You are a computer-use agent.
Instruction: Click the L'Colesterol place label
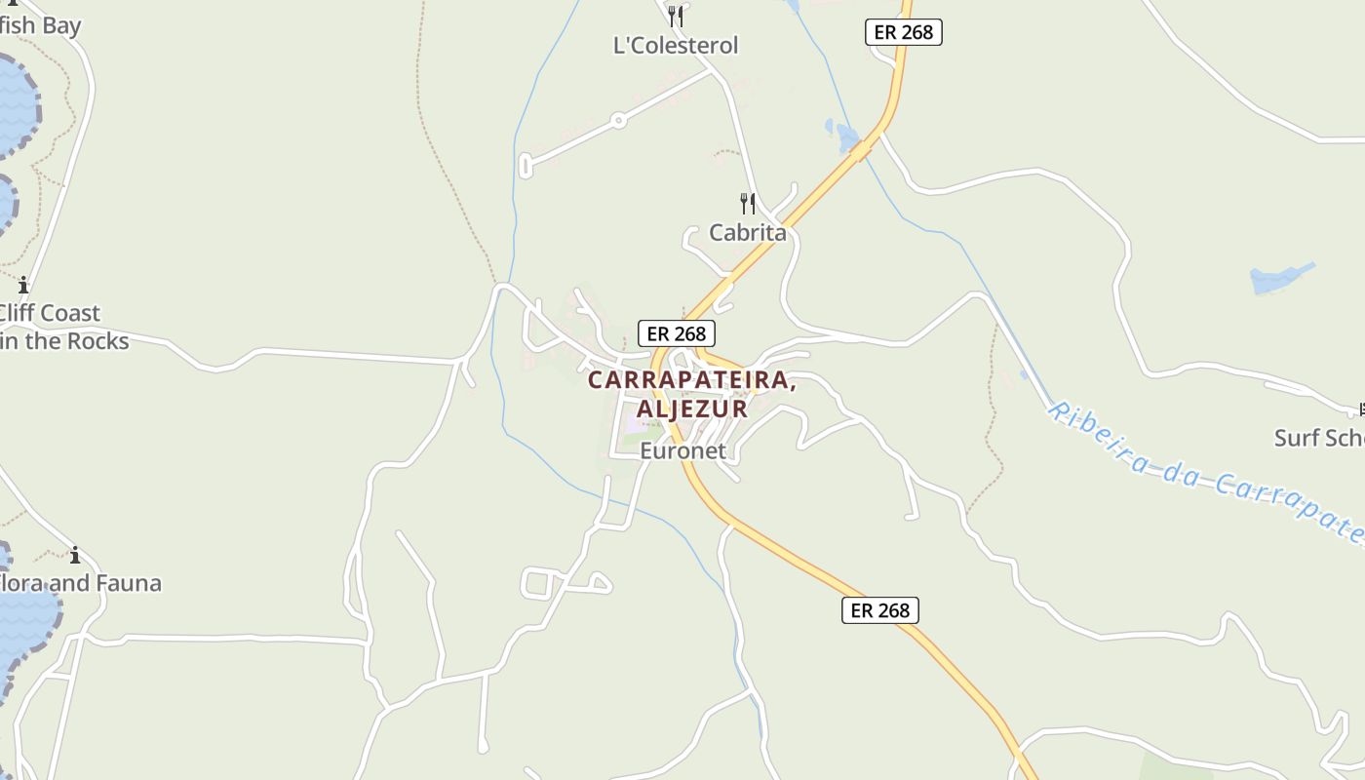tap(675, 46)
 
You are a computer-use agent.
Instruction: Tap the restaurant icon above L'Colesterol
tap(675, 16)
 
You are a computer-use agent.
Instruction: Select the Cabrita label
tap(747, 233)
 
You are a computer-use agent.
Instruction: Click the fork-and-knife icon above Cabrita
tap(747, 203)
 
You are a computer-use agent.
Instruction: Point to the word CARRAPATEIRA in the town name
tap(691, 381)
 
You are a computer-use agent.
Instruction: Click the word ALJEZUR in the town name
tap(691, 409)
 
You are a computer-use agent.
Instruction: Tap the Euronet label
tap(682, 450)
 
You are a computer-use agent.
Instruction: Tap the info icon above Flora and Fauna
tap(75, 556)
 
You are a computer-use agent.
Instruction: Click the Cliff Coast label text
tap(49, 313)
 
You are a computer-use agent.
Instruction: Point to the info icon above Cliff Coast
tap(23, 286)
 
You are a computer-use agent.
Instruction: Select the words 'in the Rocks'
tap(64, 341)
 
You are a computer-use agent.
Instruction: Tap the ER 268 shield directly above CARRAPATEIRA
tap(677, 333)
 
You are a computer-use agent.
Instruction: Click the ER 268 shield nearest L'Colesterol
tap(903, 32)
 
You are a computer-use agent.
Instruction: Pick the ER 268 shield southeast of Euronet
tap(879, 610)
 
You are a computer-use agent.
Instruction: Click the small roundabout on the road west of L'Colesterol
tap(617, 121)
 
